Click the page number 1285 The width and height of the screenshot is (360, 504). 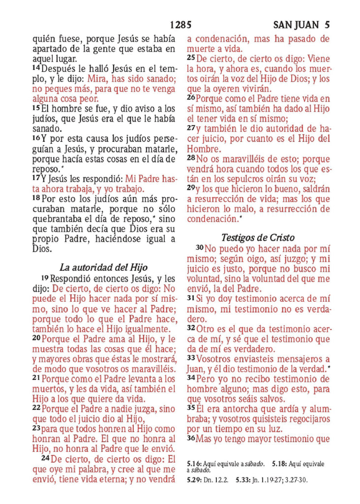(x=180, y=25)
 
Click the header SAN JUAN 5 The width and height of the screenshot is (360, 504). (x=301, y=25)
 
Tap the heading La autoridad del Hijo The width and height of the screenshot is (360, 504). (x=103, y=268)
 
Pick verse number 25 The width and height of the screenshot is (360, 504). (x=191, y=58)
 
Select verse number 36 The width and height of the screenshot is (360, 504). (x=191, y=436)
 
